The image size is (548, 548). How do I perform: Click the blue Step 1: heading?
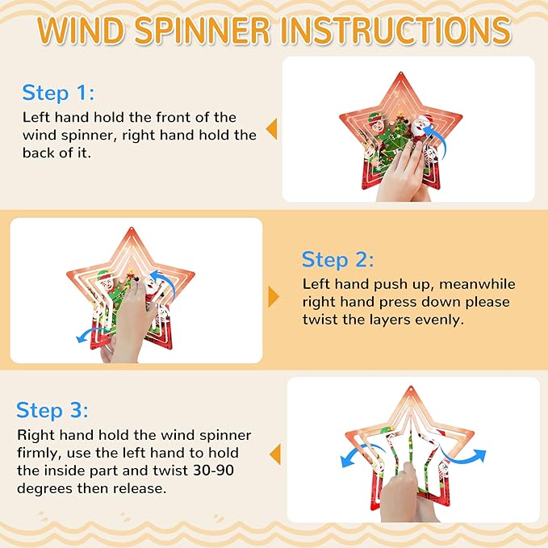58,92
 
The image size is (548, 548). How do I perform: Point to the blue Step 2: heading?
338,259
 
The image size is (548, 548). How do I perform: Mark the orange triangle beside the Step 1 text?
272,128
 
